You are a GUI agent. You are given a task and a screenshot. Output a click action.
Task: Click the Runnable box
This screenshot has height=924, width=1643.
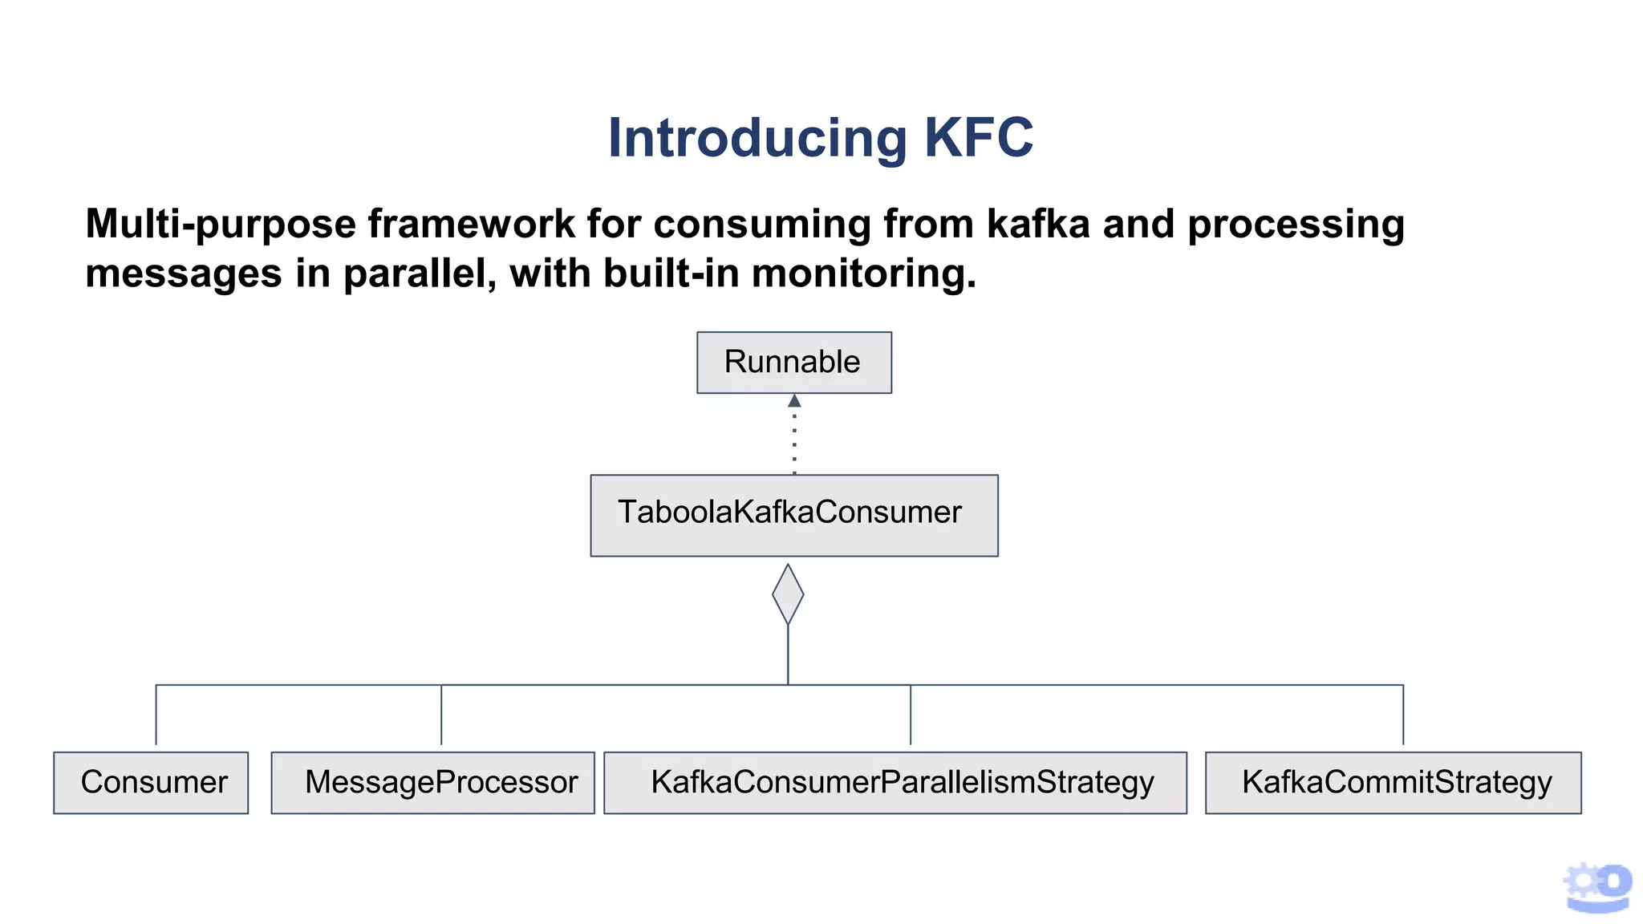(793, 363)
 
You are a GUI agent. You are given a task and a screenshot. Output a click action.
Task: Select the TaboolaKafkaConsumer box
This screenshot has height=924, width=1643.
(793, 515)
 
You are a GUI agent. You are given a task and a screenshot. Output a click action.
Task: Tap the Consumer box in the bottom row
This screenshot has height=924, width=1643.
(151, 782)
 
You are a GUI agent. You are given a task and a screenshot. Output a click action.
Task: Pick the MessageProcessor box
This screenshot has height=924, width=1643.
(432, 782)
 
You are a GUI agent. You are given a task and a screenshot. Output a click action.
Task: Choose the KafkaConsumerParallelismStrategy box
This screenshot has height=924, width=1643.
(895, 782)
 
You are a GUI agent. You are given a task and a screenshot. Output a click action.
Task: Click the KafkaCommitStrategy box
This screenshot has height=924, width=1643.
(1393, 782)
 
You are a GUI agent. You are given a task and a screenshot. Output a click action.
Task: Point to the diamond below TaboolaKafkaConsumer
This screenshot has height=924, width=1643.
(788, 594)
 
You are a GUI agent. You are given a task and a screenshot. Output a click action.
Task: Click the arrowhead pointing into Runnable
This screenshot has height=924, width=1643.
(794, 400)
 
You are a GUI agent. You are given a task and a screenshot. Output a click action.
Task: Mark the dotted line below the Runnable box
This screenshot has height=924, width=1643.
(794, 441)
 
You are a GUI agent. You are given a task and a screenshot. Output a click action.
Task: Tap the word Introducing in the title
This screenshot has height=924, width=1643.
(757, 138)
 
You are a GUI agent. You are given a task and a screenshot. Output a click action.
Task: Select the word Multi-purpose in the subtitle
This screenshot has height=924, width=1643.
(220, 224)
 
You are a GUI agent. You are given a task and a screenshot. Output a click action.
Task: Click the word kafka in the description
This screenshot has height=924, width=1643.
(1037, 224)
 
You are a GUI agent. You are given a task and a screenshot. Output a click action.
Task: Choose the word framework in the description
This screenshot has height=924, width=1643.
(471, 224)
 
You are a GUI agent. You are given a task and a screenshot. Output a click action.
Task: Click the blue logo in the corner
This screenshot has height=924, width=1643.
(1597, 887)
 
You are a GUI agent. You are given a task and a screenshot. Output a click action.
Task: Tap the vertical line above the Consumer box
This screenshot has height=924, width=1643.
(156, 714)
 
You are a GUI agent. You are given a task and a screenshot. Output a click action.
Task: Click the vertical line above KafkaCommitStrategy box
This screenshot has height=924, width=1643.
(1403, 714)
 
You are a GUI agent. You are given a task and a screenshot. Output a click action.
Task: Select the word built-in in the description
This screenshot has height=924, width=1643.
(671, 274)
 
